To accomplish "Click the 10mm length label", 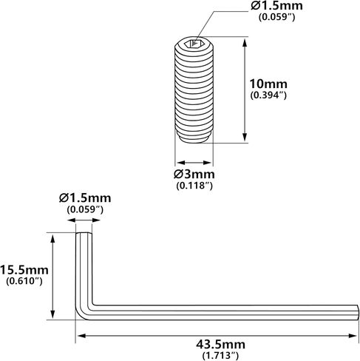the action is click(268, 84).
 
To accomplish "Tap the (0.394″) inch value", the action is click(268, 95).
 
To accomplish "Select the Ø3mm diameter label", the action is click(194, 175).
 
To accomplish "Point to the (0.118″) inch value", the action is click(194, 186).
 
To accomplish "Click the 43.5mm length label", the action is click(220, 344).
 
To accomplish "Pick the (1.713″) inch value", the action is click(220, 355).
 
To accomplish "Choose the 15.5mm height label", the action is click(24, 270).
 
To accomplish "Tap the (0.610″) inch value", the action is click(24, 281).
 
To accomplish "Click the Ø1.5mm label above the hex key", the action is click(85, 198).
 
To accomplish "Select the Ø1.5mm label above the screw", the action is click(276, 6).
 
